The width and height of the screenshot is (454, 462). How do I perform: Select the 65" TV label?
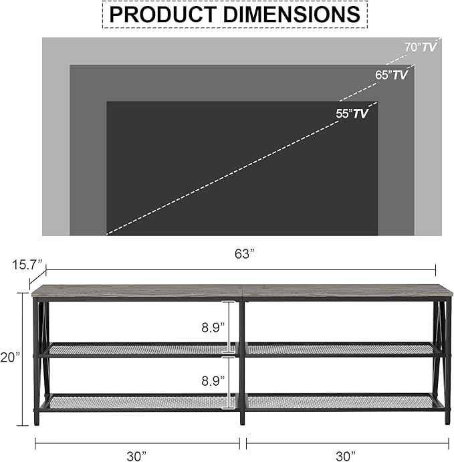point(391,75)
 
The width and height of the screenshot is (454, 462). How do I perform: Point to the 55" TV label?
point(352,114)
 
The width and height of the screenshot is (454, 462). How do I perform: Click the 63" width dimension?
point(245,254)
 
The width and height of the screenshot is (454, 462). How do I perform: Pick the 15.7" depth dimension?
point(27,264)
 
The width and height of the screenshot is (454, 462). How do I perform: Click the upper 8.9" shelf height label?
point(213,328)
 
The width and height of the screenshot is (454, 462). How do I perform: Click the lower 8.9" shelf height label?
point(213,382)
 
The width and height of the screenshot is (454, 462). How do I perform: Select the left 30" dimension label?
point(136,456)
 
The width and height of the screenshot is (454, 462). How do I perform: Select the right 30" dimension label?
point(346,456)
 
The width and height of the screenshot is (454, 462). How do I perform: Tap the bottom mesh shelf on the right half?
point(341,401)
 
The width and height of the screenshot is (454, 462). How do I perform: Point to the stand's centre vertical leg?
point(242,361)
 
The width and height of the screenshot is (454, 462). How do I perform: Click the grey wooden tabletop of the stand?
point(242,291)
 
